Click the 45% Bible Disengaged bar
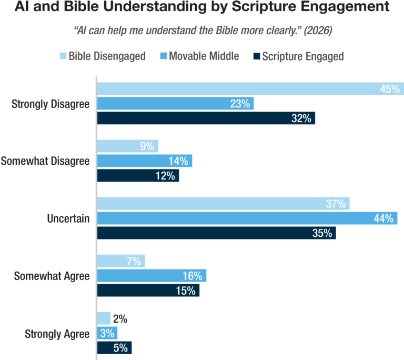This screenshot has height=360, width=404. (250, 89)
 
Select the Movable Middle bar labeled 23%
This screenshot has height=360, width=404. (176, 103)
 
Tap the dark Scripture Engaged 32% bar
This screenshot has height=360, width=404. (206, 118)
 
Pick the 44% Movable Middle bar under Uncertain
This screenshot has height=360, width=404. (247, 218)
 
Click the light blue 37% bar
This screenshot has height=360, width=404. (224, 204)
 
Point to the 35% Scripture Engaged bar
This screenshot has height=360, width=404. (216, 233)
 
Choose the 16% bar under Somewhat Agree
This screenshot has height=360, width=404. (151, 276)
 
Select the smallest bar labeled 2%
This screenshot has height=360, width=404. (104, 318)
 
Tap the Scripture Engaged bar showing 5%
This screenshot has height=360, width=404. (114, 347)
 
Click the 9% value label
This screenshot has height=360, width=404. (147, 146)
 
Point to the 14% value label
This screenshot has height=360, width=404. (178, 161)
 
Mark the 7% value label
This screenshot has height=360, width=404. (134, 261)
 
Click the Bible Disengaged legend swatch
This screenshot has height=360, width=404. (63, 56)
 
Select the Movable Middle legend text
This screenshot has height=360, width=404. (204, 56)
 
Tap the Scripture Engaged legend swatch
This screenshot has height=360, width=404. (257, 56)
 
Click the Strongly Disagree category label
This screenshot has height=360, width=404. (50, 104)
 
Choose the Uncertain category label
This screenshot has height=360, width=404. (68, 218)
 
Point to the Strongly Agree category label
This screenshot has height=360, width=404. (57, 334)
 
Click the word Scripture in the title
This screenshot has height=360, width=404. (264, 7)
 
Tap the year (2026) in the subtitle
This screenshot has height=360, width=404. (318, 31)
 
